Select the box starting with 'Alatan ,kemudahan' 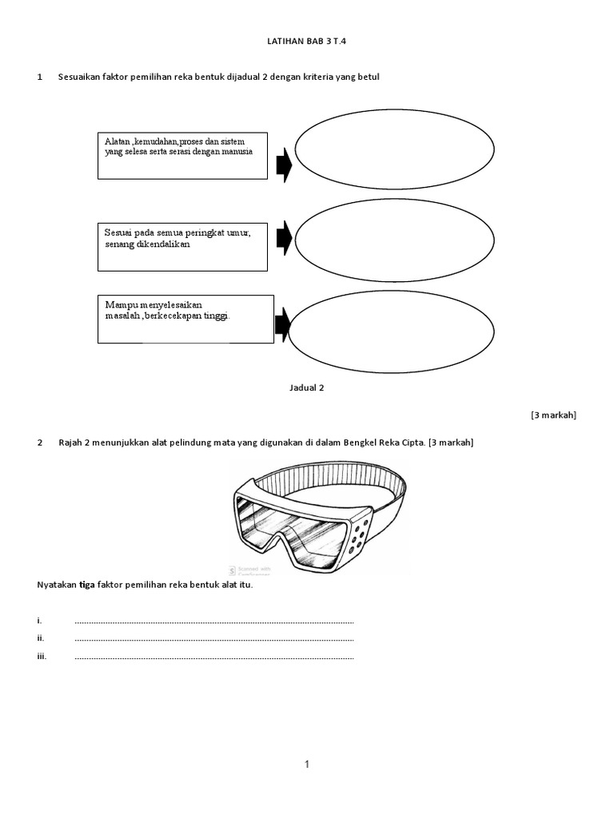coord(182,155)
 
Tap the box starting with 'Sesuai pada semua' coord(182,247)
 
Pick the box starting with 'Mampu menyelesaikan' coord(185,320)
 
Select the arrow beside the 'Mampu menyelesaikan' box coord(282,324)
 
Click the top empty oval coord(395,149)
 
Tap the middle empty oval coord(395,240)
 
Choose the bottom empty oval coord(391,332)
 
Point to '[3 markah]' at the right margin coord(553,415)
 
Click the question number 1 coord(40,77)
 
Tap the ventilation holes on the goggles coord(357,534)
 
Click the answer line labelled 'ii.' coord(213,639)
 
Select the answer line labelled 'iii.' coord(213,657)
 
